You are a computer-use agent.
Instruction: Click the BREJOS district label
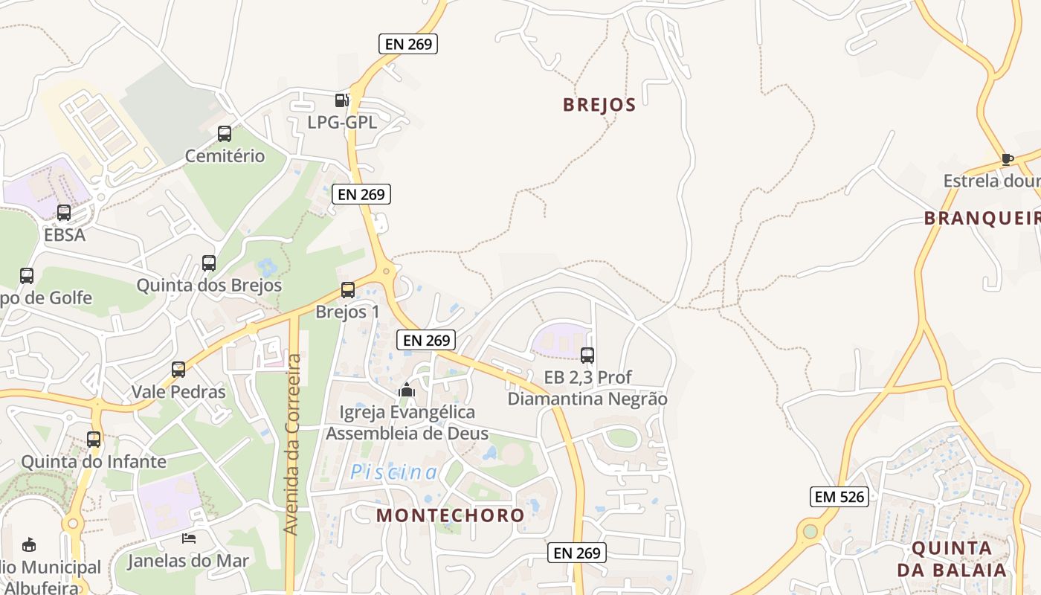pyautogui.click(x=599, y=105)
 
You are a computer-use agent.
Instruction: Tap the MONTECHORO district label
pyautogui.click(x=450, y=515)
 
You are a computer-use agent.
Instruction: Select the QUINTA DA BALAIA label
pyautogui.click(x=952, y=559)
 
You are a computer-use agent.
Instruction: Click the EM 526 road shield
pyautogui.click(x=839, y=496)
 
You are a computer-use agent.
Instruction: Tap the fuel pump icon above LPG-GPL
pyautogui.click(x=341, y=100)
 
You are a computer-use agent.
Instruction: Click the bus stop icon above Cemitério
pyautogui.click(x=224, y=134)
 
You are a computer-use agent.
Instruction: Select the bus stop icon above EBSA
pyautogui.click(x=64, y=213)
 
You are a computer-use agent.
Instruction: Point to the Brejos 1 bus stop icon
pyautogui.click(x=348, y=290)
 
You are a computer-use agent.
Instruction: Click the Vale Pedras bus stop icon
pyautogui.click(x=178, y=370)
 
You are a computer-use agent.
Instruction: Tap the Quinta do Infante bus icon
pyautogui.click(x=94, y=439)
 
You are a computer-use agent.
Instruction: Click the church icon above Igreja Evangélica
pyautogui.click(x=407, y=390)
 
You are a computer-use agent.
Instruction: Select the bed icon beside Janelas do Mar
pyautogui.click(x=189, y=538)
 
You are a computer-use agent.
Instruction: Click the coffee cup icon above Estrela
pyautogui.click(x=1007, y=158)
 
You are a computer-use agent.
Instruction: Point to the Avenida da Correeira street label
pyautogui.click(x=292, y=444)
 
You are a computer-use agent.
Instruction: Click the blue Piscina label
pyautogui.click(x=394, y=472)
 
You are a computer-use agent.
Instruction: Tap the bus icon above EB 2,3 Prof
pyautogui.click(x=587, y=356)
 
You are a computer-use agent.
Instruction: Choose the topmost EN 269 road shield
pyautogui.click(x=408, y=44)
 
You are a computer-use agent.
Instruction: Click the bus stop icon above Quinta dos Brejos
pyautogui.click(x=209, y=263)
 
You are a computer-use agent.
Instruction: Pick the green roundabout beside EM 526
pyautogui.click(x=810, y=532)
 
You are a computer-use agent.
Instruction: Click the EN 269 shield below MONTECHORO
pyautogui.click(x=577, y=553)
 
